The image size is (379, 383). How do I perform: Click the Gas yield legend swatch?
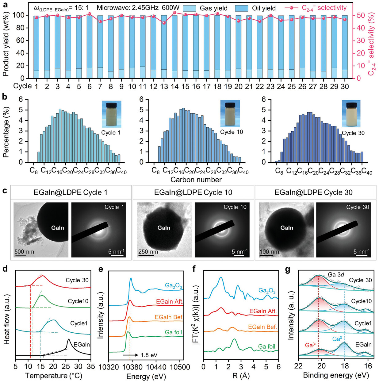(x=189, y=8)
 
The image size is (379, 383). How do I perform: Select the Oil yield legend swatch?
(x=242, y=8)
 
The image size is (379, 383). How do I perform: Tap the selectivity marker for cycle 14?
(x=174, y=13)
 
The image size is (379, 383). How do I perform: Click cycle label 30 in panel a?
(x=345, y=87)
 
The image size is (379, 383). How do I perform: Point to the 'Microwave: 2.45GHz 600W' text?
(x=138, y=8)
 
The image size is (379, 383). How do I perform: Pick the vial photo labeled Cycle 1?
(x=111, y=114)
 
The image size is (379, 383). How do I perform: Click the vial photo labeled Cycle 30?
(x=351, y=114)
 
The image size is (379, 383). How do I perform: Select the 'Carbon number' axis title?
(x=196, y=180)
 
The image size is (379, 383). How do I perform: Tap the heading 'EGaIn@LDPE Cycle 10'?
(x=193, y=192)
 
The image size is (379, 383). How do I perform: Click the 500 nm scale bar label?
(x=24, y=252)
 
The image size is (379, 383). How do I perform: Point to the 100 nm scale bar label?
(x=269, y=252)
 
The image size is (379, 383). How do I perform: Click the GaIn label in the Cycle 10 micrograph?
(x=164, y=228)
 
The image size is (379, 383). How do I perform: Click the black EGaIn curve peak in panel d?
(x=69, y=339)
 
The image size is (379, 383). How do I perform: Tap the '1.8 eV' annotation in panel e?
(x=149, y=355)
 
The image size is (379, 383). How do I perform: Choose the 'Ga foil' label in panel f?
(x=267, y=346)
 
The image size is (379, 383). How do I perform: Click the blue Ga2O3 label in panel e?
(x=173, y=285)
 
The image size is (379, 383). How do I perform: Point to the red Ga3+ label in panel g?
(x=311, y=345)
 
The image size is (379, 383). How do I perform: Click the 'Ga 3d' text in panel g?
(x=336, y=274)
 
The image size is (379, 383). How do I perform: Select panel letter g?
(x=288, y=269)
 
